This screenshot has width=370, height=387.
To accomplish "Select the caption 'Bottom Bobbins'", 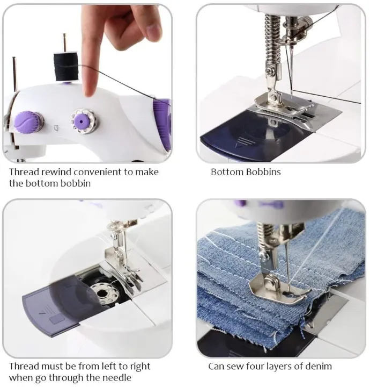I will coord(246,173).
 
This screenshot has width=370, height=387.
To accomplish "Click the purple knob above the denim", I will coord(241,204).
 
